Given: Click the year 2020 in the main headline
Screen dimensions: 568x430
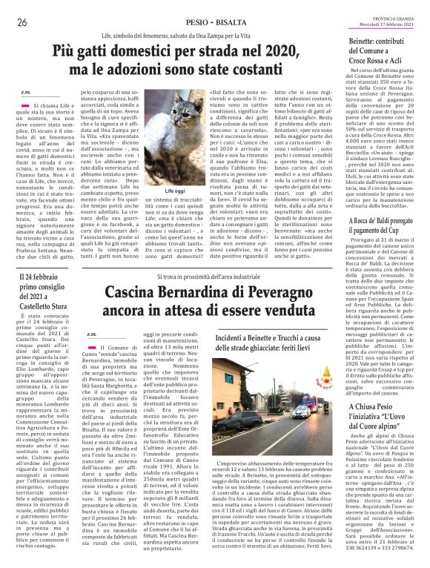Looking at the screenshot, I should pos(269,52).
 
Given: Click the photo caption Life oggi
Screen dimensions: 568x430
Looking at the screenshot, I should pos(175,191).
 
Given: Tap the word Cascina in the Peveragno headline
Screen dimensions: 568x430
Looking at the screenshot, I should pos(134,293).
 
